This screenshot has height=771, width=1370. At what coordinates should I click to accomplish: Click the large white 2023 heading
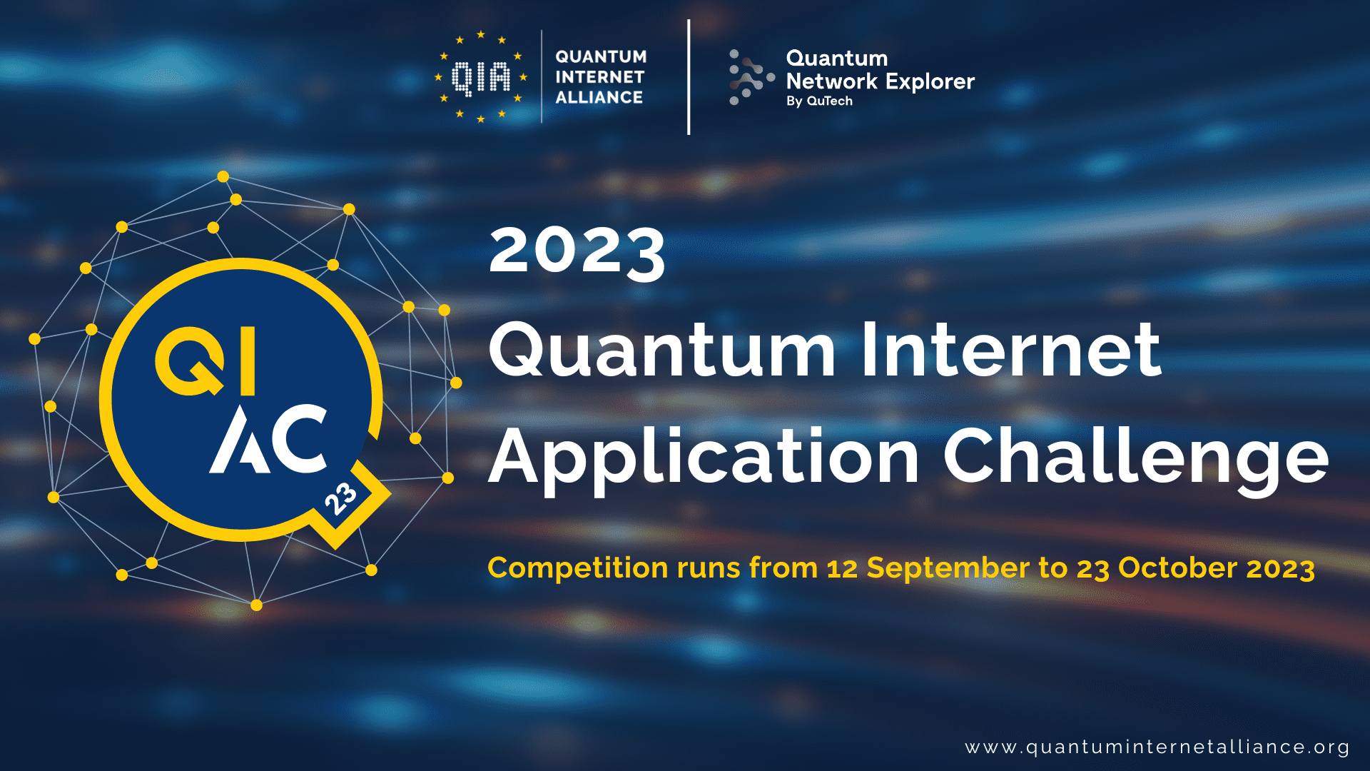[x=577, y=252]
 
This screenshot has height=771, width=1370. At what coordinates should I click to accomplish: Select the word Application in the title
[x=704, y=457]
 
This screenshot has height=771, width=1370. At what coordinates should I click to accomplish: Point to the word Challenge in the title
[x=1135, y=457]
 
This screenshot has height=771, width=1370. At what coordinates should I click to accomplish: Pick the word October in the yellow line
[x=1177, y=568]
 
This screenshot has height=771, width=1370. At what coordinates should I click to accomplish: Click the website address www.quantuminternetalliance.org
[x=1157, y=747]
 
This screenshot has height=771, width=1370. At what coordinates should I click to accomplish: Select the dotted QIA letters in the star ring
[x=482, y=77]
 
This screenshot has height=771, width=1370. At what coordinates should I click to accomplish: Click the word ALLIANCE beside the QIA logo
[x=599, y=97]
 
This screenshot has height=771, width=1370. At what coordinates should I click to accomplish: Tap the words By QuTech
[x=819, y=101]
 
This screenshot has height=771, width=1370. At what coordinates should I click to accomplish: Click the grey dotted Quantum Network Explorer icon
[x=749, y=77]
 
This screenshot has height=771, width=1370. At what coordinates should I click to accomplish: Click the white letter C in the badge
[x=299, y=438]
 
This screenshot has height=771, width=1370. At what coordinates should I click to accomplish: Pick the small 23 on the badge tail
[x=340, y=498]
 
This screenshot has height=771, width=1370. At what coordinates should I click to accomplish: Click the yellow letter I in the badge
[x=248, y=361]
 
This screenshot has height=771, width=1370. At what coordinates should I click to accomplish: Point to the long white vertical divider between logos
[x=689, y=77]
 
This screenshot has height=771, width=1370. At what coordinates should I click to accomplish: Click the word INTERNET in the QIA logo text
[x=599, y=77]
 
